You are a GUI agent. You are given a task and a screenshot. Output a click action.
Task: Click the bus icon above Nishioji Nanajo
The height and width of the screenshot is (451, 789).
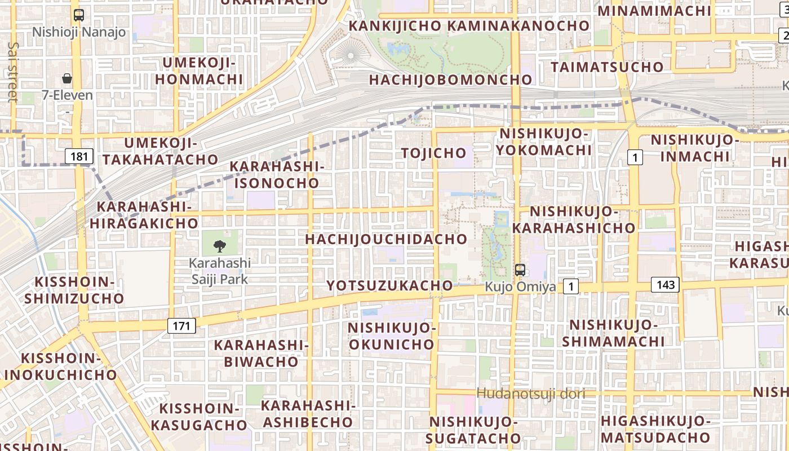79,15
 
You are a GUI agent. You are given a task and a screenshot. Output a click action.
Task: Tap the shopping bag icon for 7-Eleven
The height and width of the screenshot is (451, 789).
67,78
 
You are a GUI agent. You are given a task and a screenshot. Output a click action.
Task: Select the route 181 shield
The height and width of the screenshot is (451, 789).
79,156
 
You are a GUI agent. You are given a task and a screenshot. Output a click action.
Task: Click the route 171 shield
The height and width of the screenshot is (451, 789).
181,325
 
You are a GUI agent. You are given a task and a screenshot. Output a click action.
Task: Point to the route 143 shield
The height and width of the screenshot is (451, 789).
665,284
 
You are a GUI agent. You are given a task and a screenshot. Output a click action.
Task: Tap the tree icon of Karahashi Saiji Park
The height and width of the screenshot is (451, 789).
219,246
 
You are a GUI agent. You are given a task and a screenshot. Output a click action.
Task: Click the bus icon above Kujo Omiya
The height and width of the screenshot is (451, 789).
520,270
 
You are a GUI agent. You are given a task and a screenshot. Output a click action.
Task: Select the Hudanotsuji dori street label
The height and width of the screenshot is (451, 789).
531,393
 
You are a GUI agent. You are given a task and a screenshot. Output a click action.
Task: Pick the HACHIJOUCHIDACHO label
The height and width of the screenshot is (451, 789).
386,239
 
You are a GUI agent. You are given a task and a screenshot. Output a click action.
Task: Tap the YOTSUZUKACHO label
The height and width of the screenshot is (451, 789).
389,286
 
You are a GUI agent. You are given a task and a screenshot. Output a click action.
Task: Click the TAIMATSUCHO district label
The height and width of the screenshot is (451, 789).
607,67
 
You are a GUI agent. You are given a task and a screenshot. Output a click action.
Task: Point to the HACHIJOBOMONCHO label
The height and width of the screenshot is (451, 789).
450,80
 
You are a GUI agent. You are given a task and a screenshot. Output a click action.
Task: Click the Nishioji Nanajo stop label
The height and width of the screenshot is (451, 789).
79,32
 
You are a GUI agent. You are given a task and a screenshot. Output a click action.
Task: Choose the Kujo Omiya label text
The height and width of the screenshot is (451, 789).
520,287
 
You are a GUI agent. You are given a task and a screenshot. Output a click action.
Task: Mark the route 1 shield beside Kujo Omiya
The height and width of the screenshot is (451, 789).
571,287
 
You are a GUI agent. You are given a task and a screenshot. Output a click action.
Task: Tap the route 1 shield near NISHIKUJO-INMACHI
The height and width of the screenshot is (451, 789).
635,157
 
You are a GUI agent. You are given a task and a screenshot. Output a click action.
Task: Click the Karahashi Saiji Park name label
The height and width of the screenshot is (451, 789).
219,271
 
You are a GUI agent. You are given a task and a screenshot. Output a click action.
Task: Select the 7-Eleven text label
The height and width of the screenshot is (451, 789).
67,95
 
